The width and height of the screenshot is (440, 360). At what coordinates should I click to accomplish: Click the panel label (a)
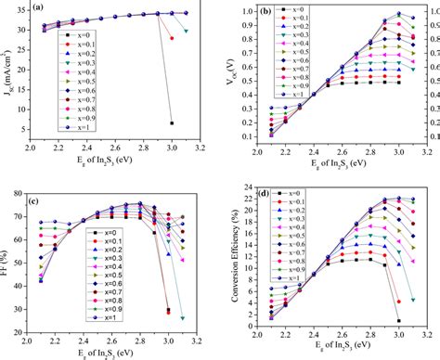coord(41,8)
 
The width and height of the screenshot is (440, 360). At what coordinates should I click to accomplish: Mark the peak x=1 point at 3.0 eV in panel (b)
coord(399,14)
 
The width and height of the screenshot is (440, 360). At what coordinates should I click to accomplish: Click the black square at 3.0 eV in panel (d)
coord(399,321)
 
